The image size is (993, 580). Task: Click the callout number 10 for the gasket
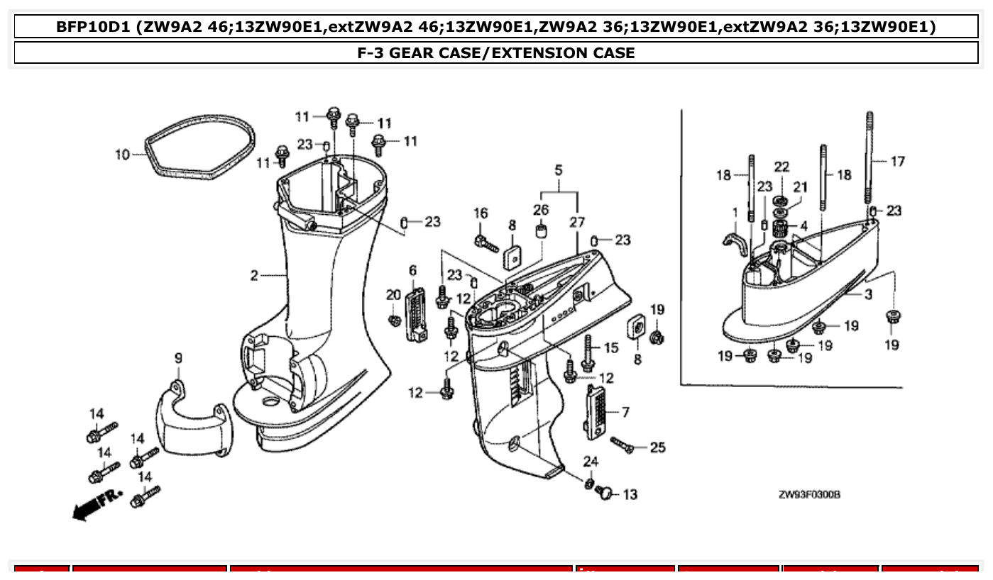(122, 154)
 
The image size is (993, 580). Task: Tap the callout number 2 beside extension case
(254, 275)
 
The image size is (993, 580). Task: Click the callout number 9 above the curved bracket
(178, 359)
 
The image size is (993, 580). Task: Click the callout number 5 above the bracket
(559, 171)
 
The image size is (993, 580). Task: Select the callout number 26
(541, 210)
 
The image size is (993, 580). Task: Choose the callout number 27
(576, 222)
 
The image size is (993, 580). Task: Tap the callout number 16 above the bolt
(481, 213)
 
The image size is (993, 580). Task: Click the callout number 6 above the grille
(412, 270)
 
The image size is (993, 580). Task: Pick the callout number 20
(393, 295)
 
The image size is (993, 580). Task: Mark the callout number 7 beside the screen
(625, 412)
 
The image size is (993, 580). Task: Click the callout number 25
(657, 447)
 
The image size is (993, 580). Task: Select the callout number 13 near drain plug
(630, 494)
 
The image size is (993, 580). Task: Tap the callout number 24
(591, 462)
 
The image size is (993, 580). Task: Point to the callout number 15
(610, 348)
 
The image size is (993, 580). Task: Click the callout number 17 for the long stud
(897, 162)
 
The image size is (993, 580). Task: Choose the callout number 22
(781, 167)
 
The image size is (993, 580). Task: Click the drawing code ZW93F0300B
(808, 494)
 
